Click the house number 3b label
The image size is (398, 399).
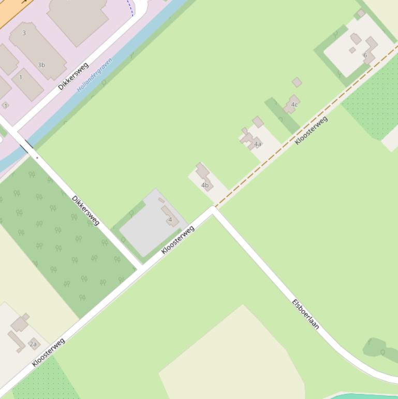pyautogui.click(x=41, y=65)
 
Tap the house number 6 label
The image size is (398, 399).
pyautogui.click(x=365, y=55)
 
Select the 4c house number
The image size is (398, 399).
pyautogui.click(x=294, y=105)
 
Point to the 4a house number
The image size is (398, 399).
pyautogui.click(x=257, y=144)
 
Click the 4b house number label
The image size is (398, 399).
pyautogui.click(x=204, y=185)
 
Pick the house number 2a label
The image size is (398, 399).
pyautogui.click(x=33, y=344)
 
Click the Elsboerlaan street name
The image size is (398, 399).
pyautogui.click(x=305, y=314)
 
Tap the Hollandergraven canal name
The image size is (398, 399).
pyautogui.click(x=95, y=75)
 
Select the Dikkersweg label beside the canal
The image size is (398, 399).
pyautogui.click(x=73, y=76)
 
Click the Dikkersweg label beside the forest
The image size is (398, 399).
pyautogui.click(x=85, y=210)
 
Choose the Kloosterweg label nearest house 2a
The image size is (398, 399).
pyautogui.click(x=48, y=352)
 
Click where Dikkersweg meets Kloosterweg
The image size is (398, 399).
pyautogui.click(x=140, y=268)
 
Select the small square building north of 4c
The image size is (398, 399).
pyautogui.click(x=297, y=82)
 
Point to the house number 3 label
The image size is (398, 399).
pyautogui.click(x=24, y=33)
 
